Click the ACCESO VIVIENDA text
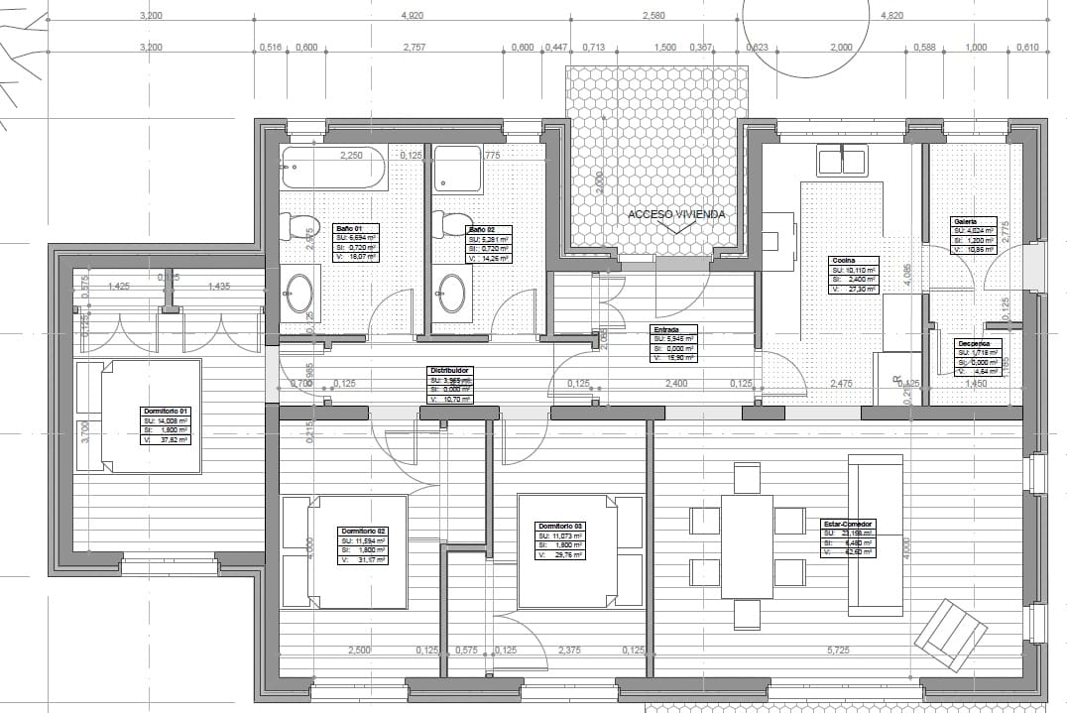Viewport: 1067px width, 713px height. coord(675,214)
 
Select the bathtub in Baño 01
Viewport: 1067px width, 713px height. coord(334,169)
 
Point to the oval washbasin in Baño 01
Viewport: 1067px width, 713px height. coord(299,294)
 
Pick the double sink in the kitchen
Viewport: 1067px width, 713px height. coord(842,160)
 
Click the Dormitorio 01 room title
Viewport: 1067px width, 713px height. coord(167,410)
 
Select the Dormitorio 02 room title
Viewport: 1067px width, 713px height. coord(362,531)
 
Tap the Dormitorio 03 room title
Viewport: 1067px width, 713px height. coord(560,526)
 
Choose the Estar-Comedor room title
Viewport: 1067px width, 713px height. coord(848,523)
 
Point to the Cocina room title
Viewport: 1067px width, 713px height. coord(842,260)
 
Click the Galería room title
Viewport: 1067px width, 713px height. coord(965,221)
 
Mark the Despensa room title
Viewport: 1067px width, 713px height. coord(973,344)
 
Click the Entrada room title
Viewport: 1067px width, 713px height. coord(665,328)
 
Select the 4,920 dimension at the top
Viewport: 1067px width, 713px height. coord(413,16)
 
